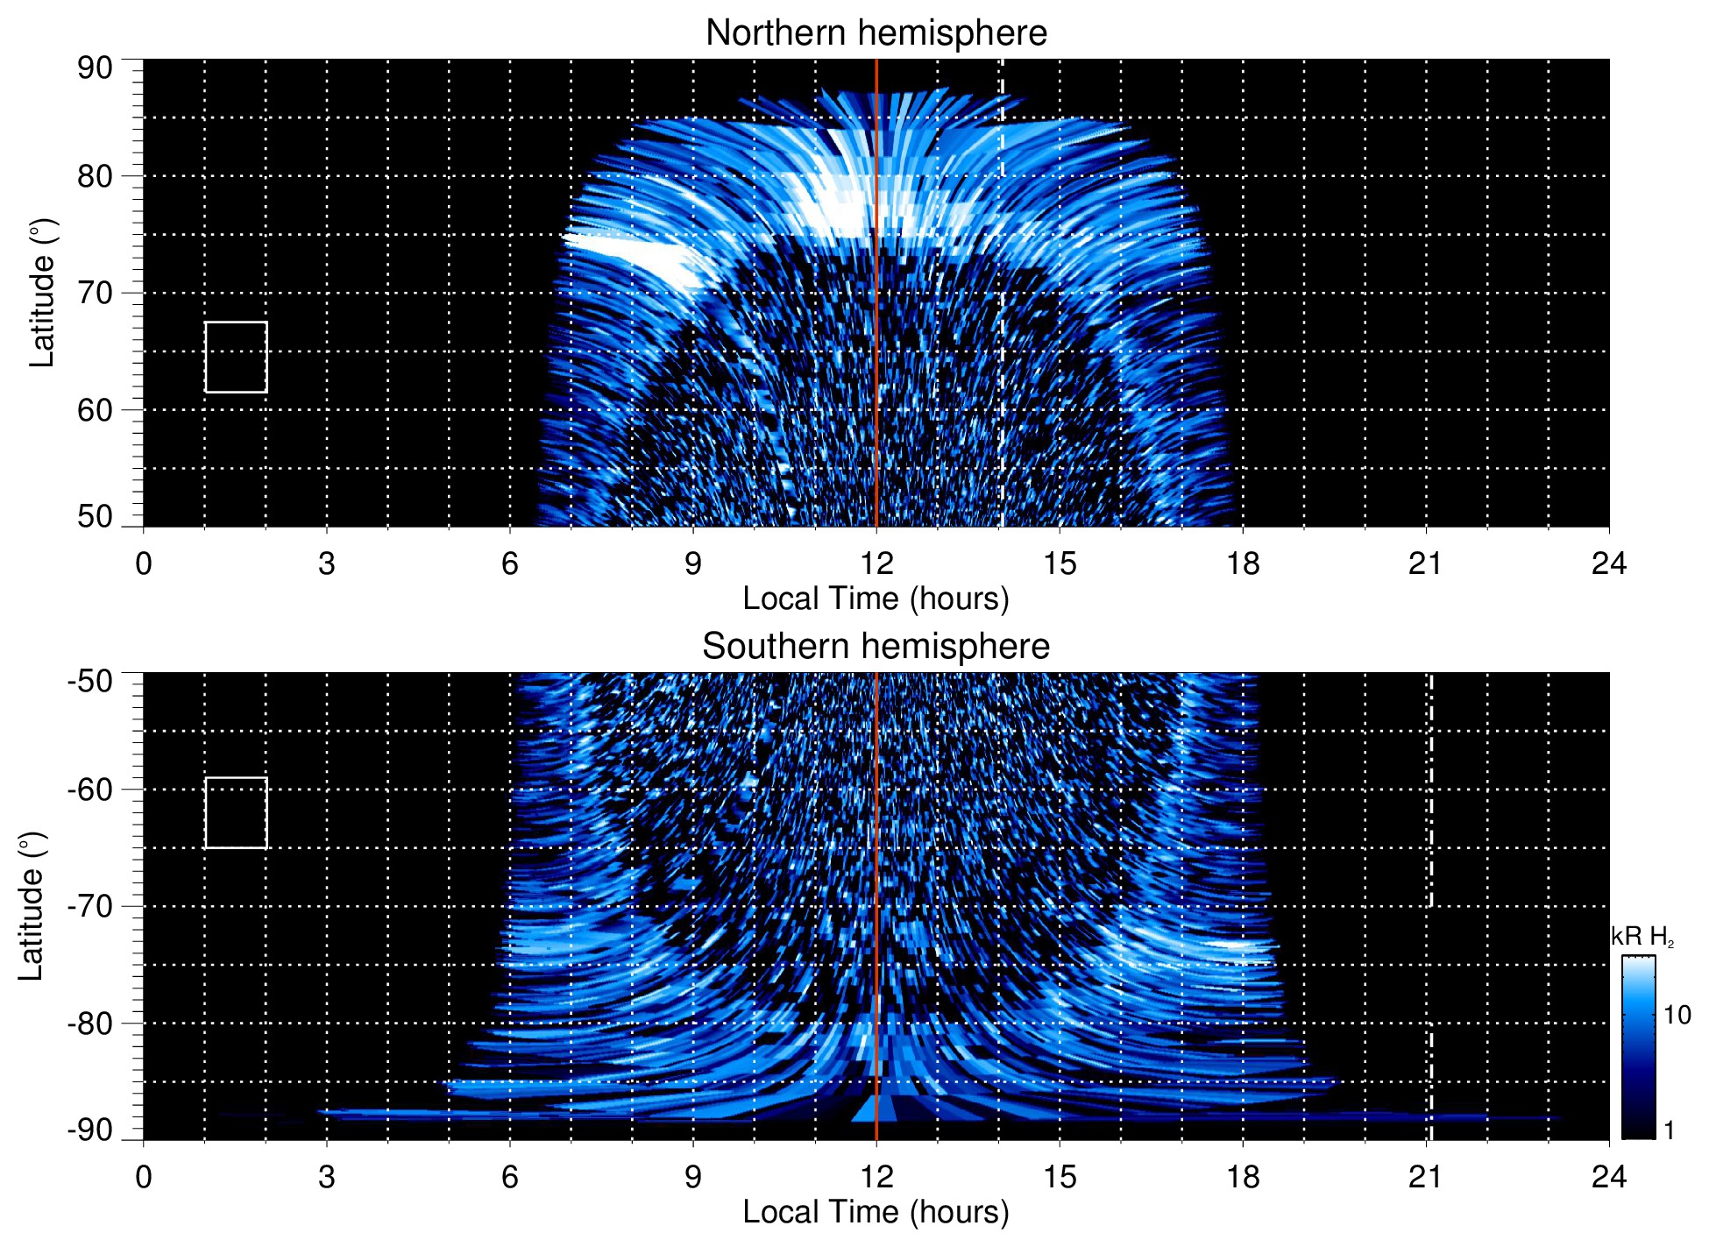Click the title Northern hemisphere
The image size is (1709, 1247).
876,33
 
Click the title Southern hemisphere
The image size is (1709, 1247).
876,647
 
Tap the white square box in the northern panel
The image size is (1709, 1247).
236,357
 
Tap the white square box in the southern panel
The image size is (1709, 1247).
236,812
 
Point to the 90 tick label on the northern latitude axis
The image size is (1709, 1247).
95,68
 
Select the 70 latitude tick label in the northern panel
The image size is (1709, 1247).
95,293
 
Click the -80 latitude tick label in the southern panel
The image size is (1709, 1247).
90,1023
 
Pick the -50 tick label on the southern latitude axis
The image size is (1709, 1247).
90,681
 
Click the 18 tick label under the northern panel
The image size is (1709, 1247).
1243,563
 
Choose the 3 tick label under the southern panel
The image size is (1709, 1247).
327,1177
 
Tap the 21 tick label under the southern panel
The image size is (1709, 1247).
1426,1177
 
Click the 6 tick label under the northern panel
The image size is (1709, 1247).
510,563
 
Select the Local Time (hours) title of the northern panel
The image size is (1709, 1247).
876,599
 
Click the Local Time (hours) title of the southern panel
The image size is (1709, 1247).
876,1212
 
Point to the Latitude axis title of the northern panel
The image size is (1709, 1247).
42,293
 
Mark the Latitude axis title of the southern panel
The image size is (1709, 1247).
32,906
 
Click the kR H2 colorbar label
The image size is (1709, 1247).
1642,937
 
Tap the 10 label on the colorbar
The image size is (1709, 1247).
1677,1015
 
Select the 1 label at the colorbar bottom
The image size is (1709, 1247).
1669,1130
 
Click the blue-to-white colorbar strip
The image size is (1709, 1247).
1638,1047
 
